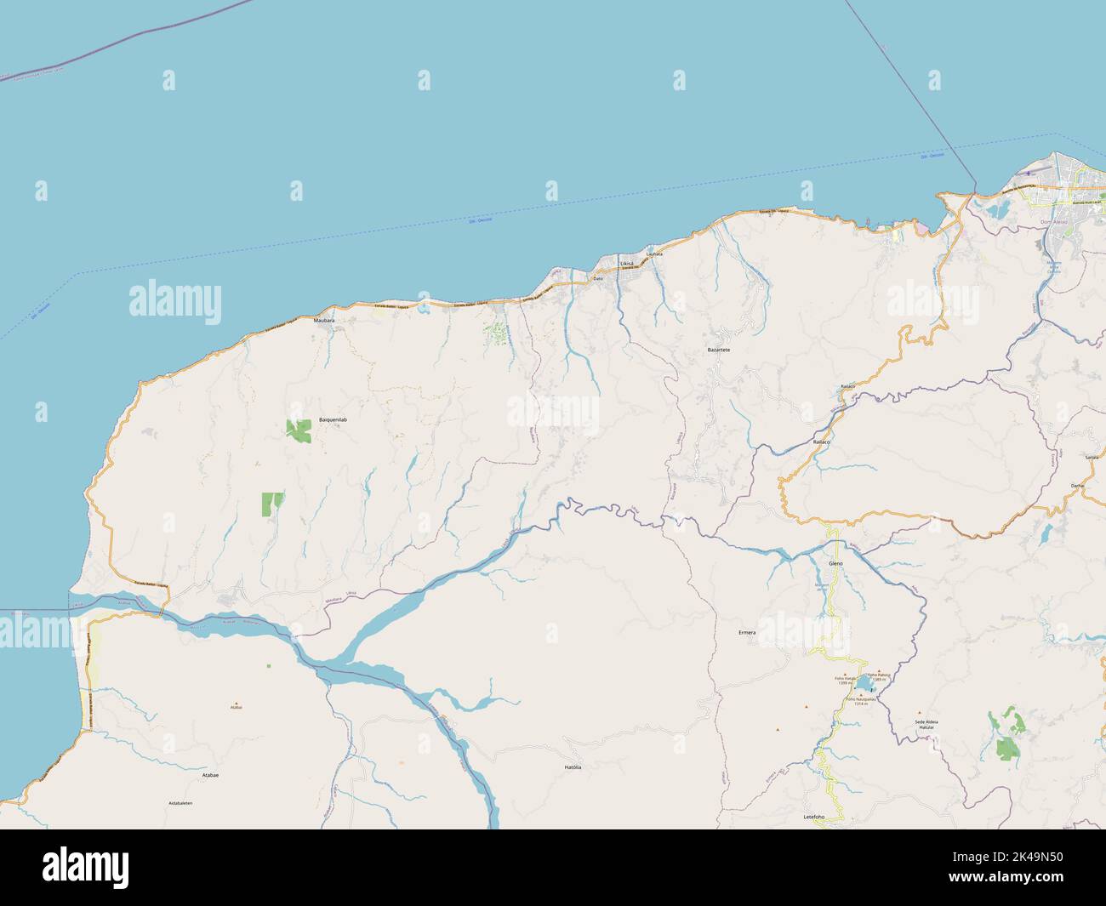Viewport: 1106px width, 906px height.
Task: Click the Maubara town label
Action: coord(324,320)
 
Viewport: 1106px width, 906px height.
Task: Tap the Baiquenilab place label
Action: coord(334,420)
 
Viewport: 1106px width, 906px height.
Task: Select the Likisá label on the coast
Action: coord(626,265)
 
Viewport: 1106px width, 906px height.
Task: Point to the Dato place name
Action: coord(597,278)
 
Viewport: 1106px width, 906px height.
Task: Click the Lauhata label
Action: coord(653,254)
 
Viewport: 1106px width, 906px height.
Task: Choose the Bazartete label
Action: coord(719,350)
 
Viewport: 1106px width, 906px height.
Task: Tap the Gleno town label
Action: coord(835,564)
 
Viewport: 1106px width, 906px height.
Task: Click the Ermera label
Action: coord(747,633)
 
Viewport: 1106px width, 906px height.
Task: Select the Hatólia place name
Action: coord(573,767)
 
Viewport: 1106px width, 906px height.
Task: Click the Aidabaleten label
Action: coord(180,803)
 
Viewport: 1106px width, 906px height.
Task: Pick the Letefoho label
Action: coord(814,817)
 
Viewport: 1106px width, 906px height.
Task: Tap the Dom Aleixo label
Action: coord(1054,222)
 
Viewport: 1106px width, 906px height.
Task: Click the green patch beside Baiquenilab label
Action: coord(299,431)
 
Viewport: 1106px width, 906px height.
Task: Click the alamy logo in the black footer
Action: coord(86,866)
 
